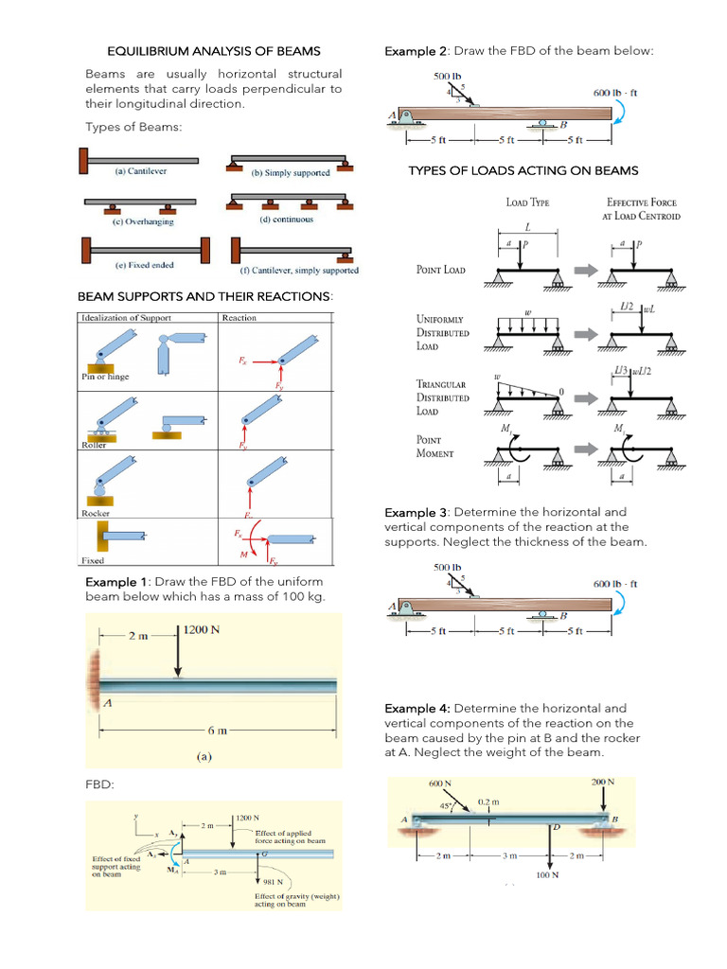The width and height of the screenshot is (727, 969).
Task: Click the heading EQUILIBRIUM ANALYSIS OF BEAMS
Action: (x=213, y=50)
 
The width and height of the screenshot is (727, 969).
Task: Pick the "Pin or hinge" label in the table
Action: (x=105, y=377)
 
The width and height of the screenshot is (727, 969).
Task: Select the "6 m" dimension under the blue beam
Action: (x=217, y=731)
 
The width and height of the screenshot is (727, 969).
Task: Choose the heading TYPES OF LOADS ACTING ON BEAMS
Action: (x=523, y=170)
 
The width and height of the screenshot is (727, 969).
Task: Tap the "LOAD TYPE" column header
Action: (x=527, y=202)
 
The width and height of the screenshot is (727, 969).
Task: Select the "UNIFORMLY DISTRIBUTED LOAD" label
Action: (x=443, y=332)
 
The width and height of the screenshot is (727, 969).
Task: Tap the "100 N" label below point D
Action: (x=547, y=875)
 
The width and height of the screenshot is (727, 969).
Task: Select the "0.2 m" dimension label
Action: (x=489, y=801)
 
